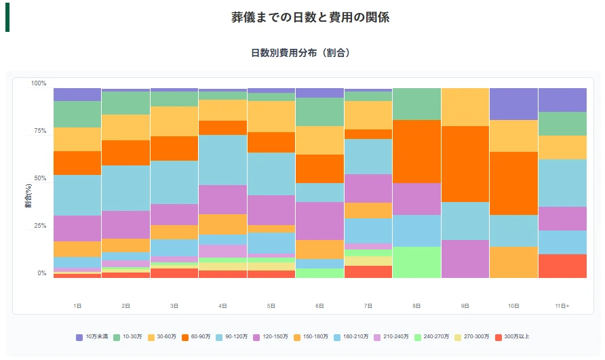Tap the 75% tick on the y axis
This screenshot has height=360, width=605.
(39, 131)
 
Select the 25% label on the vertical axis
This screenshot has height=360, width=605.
(39, 226)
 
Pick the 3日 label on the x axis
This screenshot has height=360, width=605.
(174, 306)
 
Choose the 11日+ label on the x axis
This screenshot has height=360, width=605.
(562, 306)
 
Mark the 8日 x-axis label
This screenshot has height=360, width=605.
(416, 306)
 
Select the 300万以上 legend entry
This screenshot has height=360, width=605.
(513, 337)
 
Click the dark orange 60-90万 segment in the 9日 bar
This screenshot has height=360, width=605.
(465, 164)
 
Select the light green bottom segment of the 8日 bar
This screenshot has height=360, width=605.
(416, 262)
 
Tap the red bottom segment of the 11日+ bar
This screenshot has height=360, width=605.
(562, 266)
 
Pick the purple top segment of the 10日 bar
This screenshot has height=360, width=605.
(513, 104)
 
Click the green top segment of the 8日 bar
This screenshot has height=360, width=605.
(416, 104)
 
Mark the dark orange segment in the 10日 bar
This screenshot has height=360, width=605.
(513, 183)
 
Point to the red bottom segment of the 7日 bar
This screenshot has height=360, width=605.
(368, 271)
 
